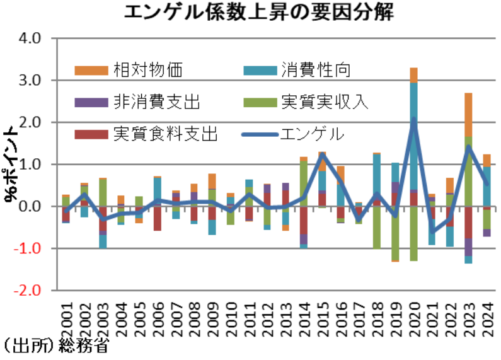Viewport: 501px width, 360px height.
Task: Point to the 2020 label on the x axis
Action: pyautogui.click(x=413, y=315)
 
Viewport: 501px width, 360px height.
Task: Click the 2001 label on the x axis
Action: pyautogui.click(x=66, y=315)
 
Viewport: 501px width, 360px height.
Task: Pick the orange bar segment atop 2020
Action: pyautogui.click(x=413, y=75)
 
